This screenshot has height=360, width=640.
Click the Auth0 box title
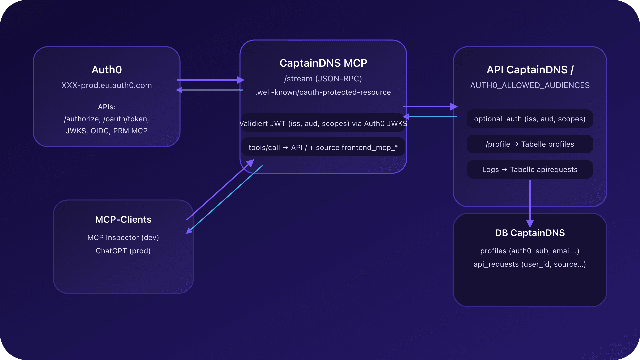point(107,70)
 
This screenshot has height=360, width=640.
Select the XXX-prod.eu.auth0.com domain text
point(107,85)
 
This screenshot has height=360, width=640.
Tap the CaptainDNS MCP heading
point(323,63)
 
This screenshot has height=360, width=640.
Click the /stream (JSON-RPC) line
point(323,79)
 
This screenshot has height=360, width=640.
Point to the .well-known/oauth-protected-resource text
point(323,92)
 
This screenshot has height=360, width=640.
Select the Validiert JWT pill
point(323,124)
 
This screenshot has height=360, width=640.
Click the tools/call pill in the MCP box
point(323,147)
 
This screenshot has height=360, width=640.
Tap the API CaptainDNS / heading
point(530,70)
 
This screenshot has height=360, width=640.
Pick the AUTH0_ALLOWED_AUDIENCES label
point(530,85)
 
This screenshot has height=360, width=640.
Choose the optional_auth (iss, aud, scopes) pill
point(530,119)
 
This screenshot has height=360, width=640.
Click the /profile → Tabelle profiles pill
point(530,144)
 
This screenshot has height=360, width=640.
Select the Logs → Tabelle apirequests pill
point(530,170)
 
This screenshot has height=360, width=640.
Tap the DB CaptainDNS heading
point(530,233)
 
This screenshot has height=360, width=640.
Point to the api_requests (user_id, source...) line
point(530,264)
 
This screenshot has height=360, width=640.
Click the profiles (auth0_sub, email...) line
point(530,251)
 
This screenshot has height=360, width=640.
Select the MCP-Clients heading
point(123,219)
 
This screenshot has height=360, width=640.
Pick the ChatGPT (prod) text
point(123,251)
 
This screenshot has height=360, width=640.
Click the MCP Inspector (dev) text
point(123,238)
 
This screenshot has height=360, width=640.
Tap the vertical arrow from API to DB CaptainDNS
point(530,200)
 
